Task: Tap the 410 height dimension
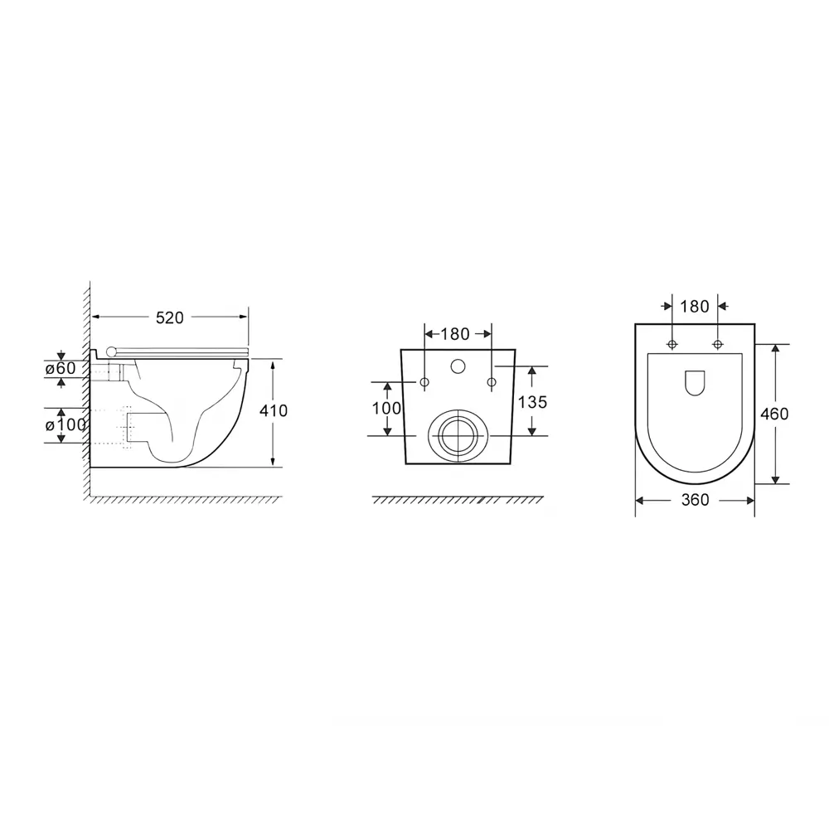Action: tap(274, 410)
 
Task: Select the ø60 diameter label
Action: tap(60, 368)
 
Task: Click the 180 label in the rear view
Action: tap(454, 334)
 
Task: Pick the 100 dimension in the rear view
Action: tap(386, 408)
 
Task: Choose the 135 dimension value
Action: tap(532, 402)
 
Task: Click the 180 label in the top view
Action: tap(694, 307)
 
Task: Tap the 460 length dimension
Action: tap(774, 413)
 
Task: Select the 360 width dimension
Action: tap(694, 500)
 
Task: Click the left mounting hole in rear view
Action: tap(424, 382)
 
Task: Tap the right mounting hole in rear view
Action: tap(492, 382)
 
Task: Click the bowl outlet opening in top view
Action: tap(695, 383)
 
